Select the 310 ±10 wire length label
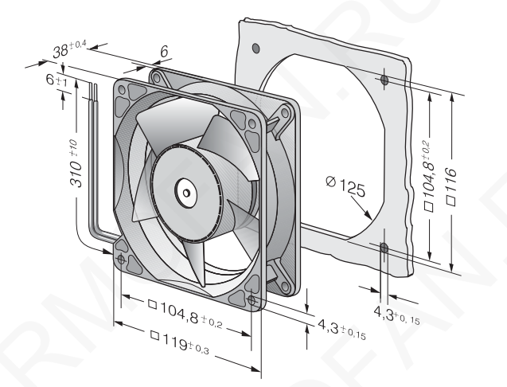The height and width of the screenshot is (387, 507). (x=76, y=163)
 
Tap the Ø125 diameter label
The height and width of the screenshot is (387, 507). (x=345, y=186)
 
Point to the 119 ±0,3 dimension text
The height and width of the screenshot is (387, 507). (x=180, y=342)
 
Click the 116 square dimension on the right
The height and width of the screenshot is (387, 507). (x=451, y=186)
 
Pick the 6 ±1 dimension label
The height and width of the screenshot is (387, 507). (x=57, y=80)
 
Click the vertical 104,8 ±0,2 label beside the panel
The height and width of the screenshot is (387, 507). (x=429, y=176)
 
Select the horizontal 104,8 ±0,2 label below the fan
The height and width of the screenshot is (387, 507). (x=185, y=315)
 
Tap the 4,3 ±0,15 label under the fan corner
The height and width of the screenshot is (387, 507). (x=341, y=329)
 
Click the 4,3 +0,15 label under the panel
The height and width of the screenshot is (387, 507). (x=396, y=315)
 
